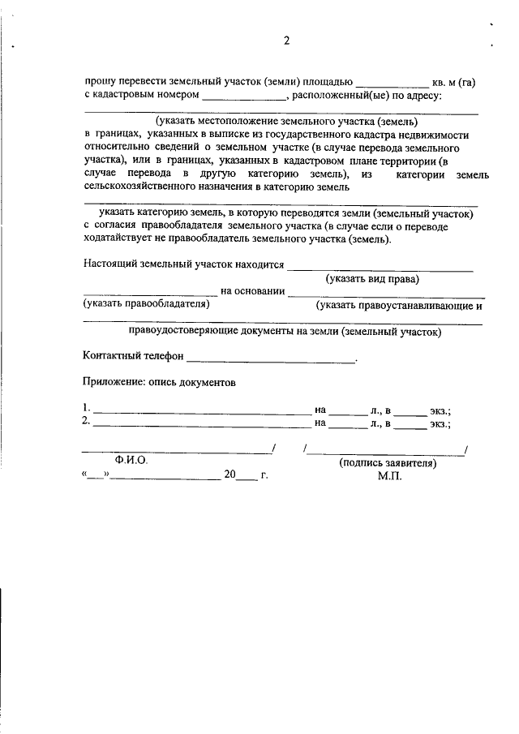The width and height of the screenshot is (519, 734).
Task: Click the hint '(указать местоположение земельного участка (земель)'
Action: click(x=287, y=121)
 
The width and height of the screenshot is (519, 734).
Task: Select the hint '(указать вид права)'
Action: click(x=372, y=279)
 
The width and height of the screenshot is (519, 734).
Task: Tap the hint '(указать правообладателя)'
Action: click(x=146, y=305)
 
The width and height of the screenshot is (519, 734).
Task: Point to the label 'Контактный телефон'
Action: click(x=133, y=357)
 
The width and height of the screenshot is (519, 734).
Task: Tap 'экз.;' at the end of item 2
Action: click(x=440, y=423)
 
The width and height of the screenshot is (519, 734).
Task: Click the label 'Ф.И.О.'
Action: click(x=131, y=460)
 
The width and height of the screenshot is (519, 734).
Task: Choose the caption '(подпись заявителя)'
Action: click(x=387, y=464)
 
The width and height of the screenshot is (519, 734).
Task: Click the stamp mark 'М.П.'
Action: click(x=389, y=477)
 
